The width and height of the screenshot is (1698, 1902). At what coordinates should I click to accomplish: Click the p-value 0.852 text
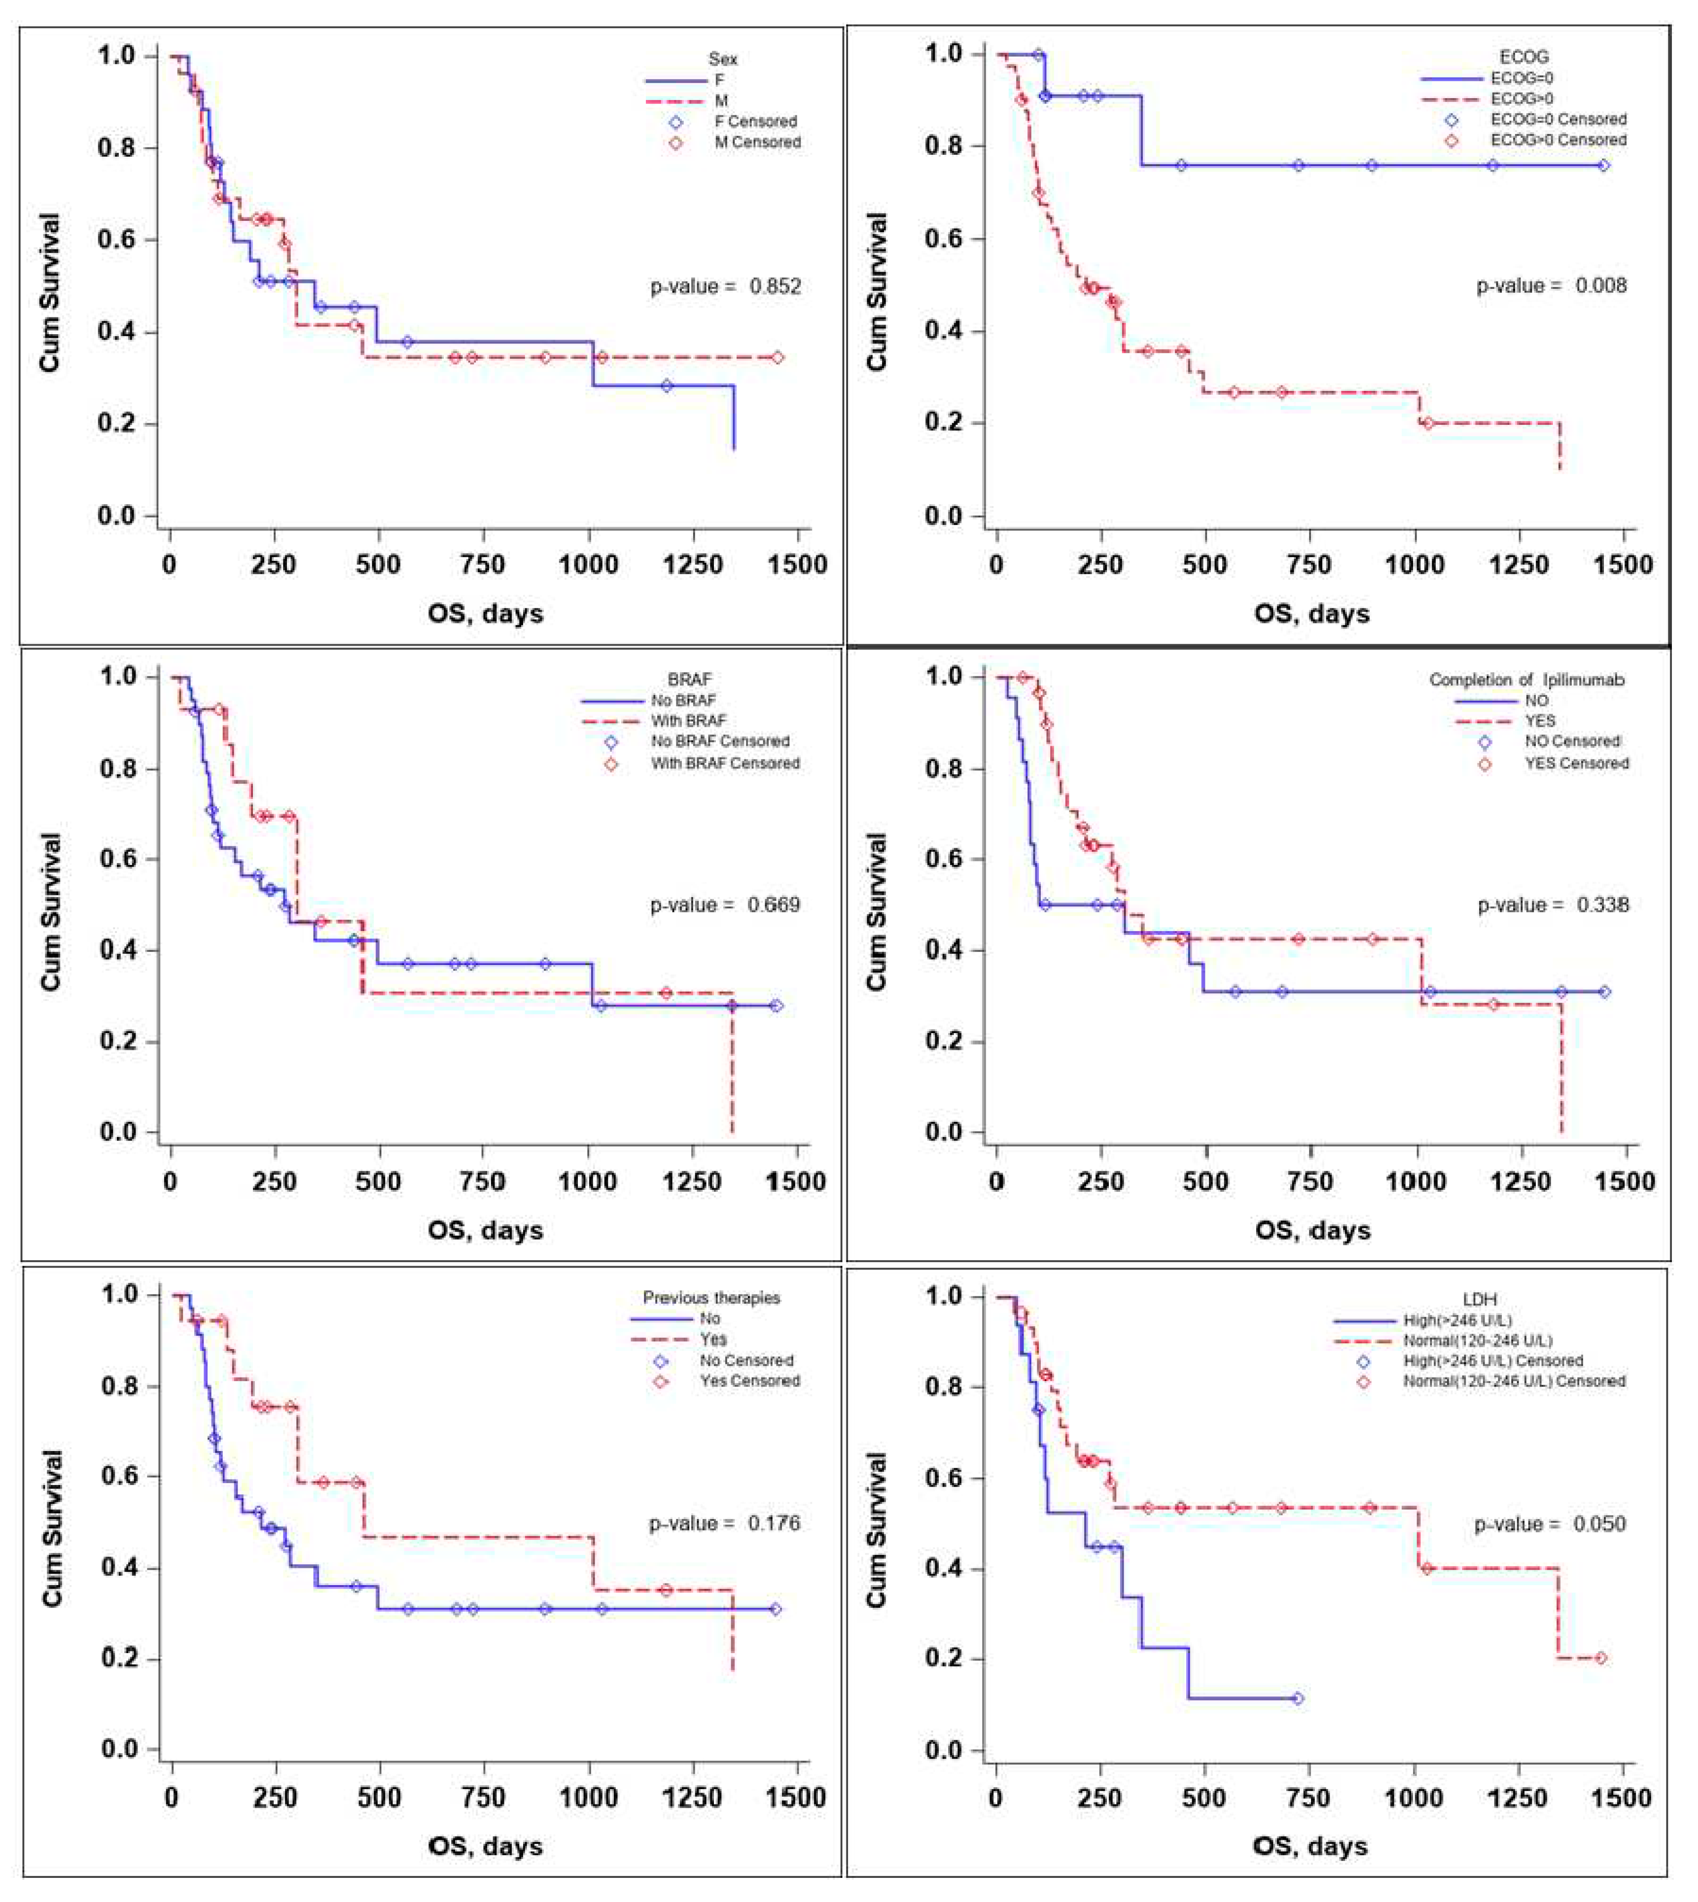tap(725, 286)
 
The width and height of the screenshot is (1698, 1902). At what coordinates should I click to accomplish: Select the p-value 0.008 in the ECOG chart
tap(1551, 285)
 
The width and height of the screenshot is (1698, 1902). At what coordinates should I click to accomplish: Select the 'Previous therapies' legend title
tap(711, 1298)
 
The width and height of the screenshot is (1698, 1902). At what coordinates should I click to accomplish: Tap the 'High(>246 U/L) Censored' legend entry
tap(1493, 1361)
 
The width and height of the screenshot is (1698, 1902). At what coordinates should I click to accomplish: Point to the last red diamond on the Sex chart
tap(777, 357)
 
